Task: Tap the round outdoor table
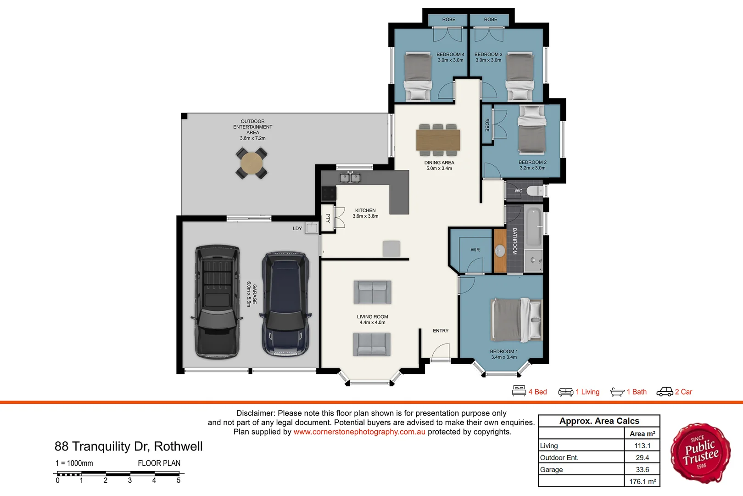(251, 163)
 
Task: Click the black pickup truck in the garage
(217, 302)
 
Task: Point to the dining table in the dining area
(438, 140)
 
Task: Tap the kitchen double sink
(350, 177)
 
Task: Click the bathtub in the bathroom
(533, 227)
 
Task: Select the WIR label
(475, 250)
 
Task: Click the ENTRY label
(441, 331)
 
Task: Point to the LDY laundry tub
(312, 228)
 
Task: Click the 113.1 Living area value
(642, 445)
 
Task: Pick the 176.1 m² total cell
(642, 481)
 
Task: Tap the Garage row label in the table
(551, 469)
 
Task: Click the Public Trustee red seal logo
(700, 453)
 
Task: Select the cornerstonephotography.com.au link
(359, 432)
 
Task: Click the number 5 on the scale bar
(179, 480)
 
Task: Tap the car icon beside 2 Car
(665, 391)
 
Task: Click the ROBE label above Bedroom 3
(490, 19)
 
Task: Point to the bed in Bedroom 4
(418, 76)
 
